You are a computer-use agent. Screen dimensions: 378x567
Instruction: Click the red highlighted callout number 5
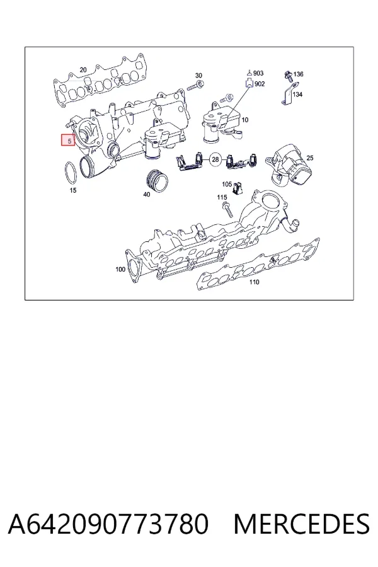pos(68,140)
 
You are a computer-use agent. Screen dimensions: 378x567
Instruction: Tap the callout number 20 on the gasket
pos(83,70)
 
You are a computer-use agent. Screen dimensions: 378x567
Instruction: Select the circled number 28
pos(215,159)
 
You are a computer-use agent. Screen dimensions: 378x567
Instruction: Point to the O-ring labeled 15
pos(71,173)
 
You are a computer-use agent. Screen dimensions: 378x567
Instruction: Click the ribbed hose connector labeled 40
pos(157,180)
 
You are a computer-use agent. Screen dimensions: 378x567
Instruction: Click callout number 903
pos(258,74)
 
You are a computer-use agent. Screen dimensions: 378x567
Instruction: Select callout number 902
pos(260,84)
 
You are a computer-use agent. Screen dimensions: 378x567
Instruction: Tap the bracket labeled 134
pos(289,94)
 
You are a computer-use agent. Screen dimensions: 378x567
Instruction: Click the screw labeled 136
pos(289,75)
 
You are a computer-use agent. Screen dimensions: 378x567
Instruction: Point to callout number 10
pos(245,120)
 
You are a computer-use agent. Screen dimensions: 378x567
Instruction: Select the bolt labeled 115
pos(227,210)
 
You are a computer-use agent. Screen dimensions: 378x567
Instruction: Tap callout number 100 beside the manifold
pos(120,269)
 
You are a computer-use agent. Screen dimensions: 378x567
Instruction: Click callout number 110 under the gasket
pos(255,282)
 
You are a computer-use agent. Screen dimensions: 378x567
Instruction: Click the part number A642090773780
pos(108,524)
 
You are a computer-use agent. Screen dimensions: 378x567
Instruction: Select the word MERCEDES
pos(301,524)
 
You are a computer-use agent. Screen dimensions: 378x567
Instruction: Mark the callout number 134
pos(297,94)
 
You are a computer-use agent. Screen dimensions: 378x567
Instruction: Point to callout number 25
pos(310,157)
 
